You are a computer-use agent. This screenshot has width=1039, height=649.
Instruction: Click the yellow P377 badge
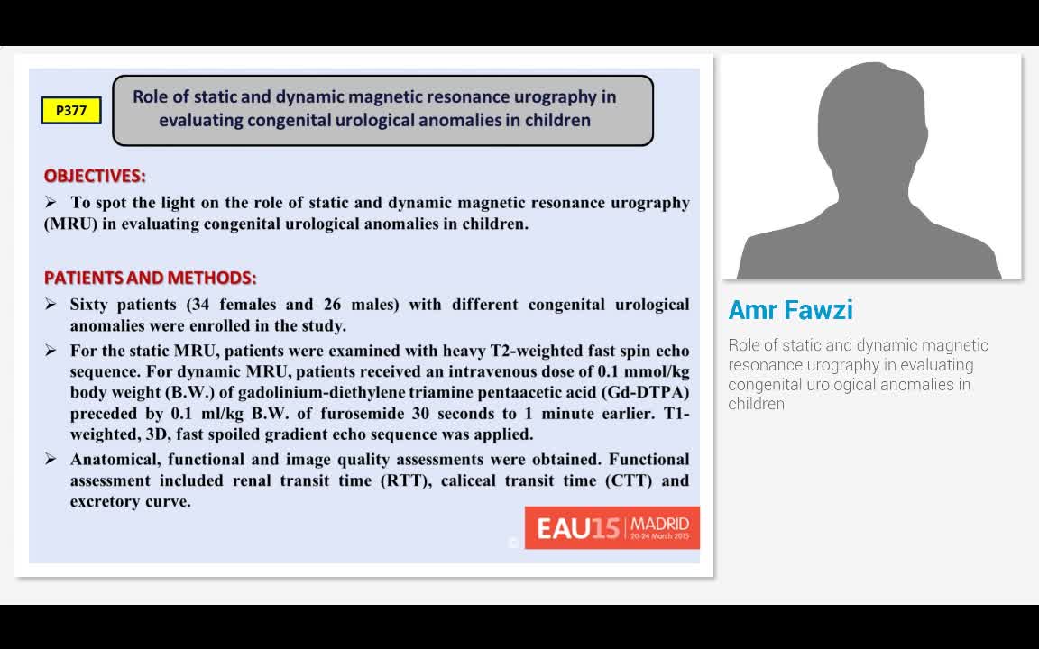click(71, 111)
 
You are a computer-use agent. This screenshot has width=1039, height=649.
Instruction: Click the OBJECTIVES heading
click(95, 176)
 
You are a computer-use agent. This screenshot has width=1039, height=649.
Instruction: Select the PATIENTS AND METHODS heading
click(150, 278)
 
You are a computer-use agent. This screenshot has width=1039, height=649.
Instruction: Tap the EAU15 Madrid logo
click(612, 527)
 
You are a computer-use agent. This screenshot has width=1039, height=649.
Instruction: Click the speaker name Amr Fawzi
click(790, 310)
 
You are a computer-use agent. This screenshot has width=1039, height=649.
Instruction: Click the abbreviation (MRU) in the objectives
click(69, 224)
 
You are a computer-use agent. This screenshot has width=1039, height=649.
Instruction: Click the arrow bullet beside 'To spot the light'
click(51, 202)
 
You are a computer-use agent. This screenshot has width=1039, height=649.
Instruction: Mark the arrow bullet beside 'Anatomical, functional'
click(51, 459)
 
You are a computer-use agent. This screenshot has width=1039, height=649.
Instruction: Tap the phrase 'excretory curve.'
click(131, 502)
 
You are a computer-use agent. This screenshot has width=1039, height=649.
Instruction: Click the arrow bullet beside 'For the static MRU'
click(51, 350)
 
